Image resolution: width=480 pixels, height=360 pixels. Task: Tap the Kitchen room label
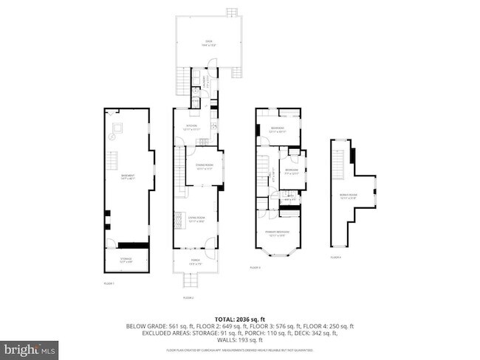[x=191, y=128]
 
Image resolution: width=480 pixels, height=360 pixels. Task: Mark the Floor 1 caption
[x=109, y=283]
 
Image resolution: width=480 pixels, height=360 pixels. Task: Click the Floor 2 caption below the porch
[x=188, y=297]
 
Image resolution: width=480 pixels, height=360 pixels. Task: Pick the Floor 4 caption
[x=336, y=257]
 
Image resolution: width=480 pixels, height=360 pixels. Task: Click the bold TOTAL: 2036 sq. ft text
[x=240, y=317]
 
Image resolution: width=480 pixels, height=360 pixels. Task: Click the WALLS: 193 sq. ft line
[x=240, y=340]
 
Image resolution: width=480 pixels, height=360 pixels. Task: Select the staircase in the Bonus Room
[x=338, y=160]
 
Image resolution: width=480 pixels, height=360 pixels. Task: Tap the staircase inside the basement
[x=114, y=160]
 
